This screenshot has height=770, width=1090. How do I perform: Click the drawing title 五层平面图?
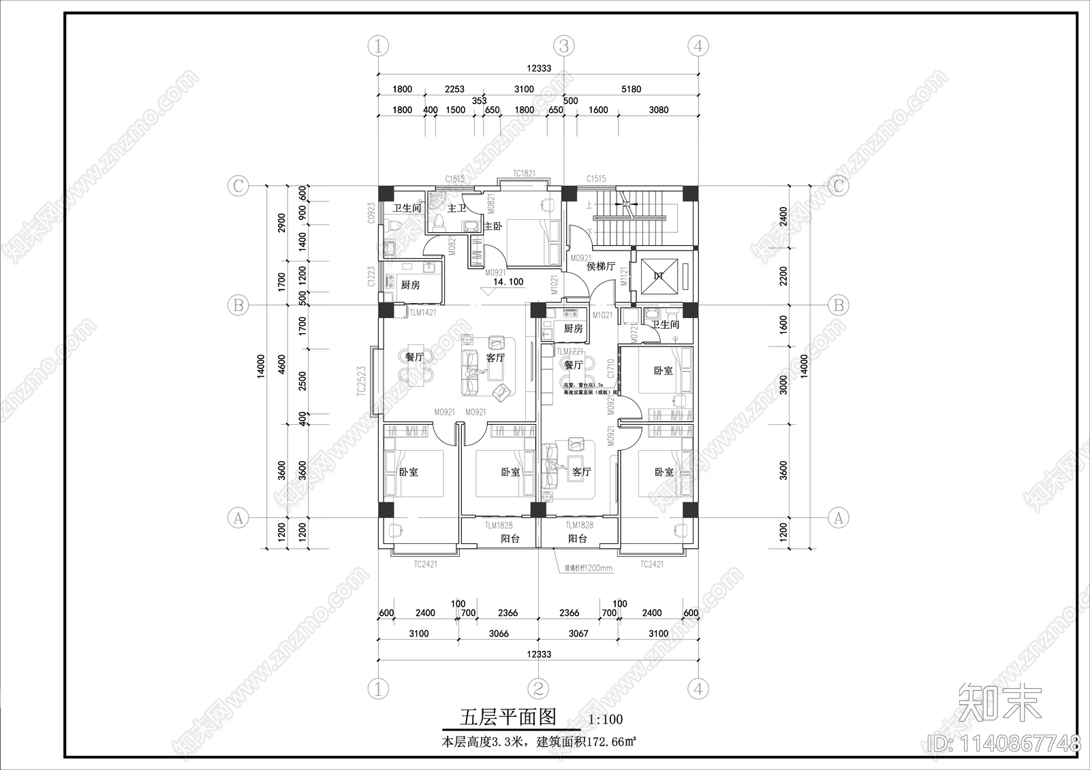tap(508, 717)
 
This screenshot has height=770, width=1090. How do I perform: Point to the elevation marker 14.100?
tap(508, 282)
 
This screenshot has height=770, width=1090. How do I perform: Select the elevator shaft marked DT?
tap(659, 276)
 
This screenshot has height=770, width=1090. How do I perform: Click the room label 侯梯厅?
tap(601, 266)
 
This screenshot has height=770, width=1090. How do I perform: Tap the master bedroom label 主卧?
tap(493, 226)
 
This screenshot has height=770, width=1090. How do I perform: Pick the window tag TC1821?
tap(523, 174)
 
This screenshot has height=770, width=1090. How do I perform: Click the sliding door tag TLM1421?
tap(422, 312)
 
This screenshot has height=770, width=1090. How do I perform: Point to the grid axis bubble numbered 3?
tap(563, 46)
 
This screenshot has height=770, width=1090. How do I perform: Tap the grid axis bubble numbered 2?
tap(538, 689)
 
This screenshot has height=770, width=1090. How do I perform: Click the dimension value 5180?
tap(631, 89)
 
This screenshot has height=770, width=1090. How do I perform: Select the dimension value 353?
tap(479, 101)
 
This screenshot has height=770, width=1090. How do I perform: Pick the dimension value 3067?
tap(578, 633)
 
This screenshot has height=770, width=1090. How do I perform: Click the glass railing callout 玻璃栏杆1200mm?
tap(588, 568)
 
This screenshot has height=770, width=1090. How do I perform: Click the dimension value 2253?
tap(454, 89)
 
